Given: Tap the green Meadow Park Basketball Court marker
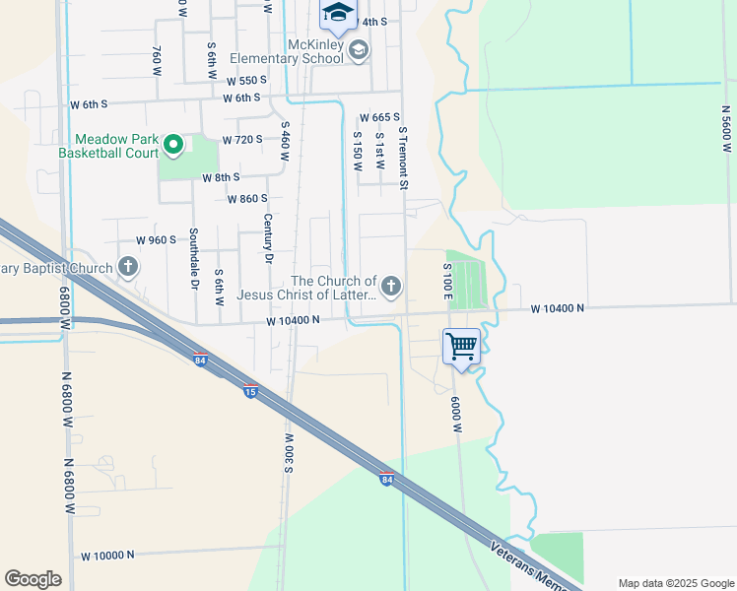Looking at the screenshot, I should [173, 146].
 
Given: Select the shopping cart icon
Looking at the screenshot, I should [461, 347].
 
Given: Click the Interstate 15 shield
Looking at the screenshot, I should [251, 391].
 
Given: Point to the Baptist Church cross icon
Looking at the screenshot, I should [128, 266].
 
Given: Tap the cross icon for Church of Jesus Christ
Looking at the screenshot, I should [391, 287].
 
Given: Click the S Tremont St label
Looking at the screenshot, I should [402, 158].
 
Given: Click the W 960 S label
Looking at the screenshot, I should [156, 239].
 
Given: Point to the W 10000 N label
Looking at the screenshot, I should [107, 556].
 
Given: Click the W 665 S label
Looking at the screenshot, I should [379, 117].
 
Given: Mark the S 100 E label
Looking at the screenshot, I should [447, 281].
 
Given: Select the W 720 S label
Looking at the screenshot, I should [242, 140].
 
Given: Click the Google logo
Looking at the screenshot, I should [33, 579].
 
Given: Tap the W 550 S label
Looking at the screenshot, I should [246, 81].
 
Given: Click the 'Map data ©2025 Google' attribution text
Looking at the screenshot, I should [676, 583].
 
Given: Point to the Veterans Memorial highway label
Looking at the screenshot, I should [533, 563].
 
